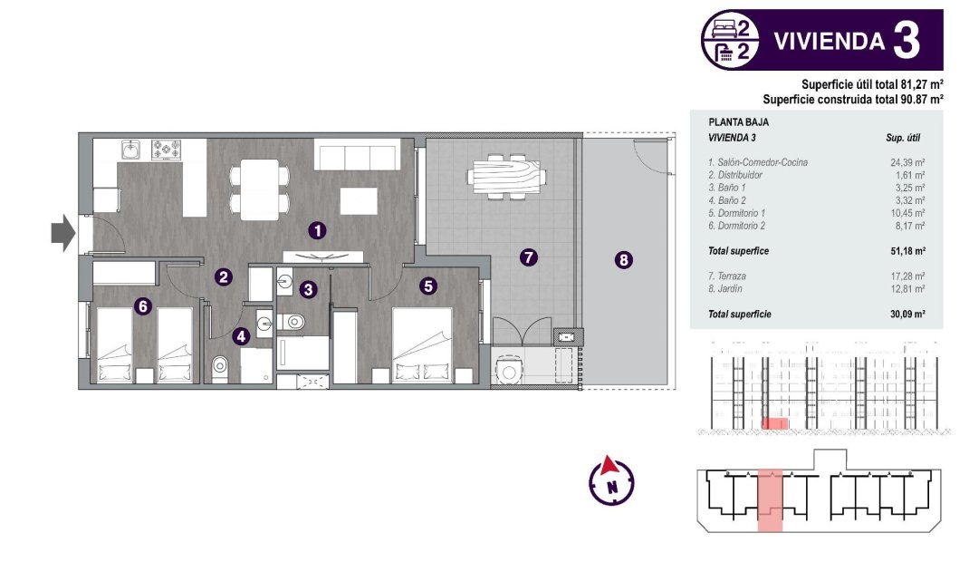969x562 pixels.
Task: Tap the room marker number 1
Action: [x=316, y=230]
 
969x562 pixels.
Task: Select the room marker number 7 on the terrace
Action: [x=529, y=257]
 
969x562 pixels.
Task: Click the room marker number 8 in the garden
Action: [x=623, y=261]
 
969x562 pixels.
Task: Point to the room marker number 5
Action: [x=428, y=286]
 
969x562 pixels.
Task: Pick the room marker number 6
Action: [x=142, y=306]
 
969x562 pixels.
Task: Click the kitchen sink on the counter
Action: [x=131, y=149]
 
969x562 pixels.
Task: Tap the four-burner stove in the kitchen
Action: [x=168, y=149]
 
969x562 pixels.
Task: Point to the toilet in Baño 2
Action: [x=220, y=368]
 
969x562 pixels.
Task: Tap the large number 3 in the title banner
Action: [x=906, y=40]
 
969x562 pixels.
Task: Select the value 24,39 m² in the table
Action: [x=907, y=162]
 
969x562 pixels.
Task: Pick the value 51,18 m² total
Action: [x=907, y=250]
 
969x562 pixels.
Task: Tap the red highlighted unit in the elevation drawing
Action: [x=774, y=422]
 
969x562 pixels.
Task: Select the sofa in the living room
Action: [x=357, y=156]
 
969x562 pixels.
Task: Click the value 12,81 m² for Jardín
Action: [x=907, y=288]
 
